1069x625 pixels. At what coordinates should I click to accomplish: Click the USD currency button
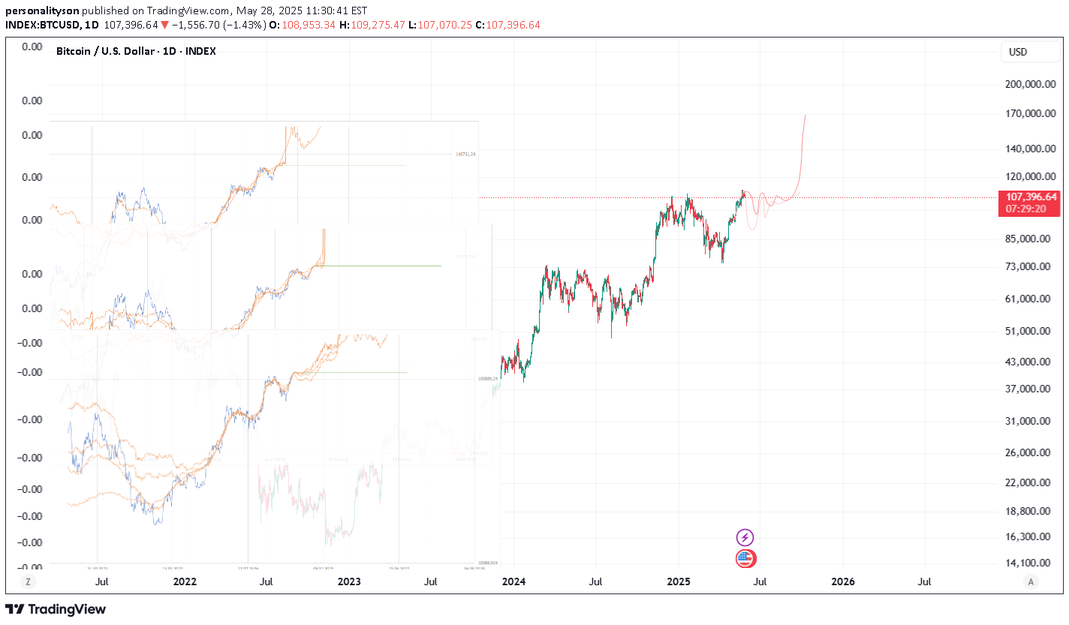(1018, 52)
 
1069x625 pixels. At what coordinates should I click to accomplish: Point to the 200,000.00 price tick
(1030, 85)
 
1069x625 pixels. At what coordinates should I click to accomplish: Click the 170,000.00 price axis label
(1030, 114)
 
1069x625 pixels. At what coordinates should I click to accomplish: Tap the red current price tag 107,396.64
(1027, 197)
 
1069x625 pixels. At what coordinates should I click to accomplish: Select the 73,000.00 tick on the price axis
(1030, 266)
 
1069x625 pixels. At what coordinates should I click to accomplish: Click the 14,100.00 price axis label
(1030, 563)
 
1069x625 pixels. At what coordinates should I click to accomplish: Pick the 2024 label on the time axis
(513, 581)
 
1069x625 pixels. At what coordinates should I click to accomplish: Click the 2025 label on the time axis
(679, 581)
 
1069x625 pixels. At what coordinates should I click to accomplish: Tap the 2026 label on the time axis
(843, 581)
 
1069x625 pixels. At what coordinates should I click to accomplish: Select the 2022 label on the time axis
(185, 581)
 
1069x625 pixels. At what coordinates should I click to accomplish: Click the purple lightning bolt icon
(745, 537)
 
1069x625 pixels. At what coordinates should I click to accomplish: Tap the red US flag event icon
(745, 558)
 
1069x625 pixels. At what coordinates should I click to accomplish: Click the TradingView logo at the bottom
(56, 609)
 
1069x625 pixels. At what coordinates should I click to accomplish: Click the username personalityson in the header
(42, 11)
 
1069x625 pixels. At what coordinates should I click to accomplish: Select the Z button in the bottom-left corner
(28, 581)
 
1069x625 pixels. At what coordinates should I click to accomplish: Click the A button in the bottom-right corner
(1031, 581)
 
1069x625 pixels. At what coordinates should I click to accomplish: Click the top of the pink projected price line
(806, 116)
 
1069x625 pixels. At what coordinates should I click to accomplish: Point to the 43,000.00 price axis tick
(1030, 362)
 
